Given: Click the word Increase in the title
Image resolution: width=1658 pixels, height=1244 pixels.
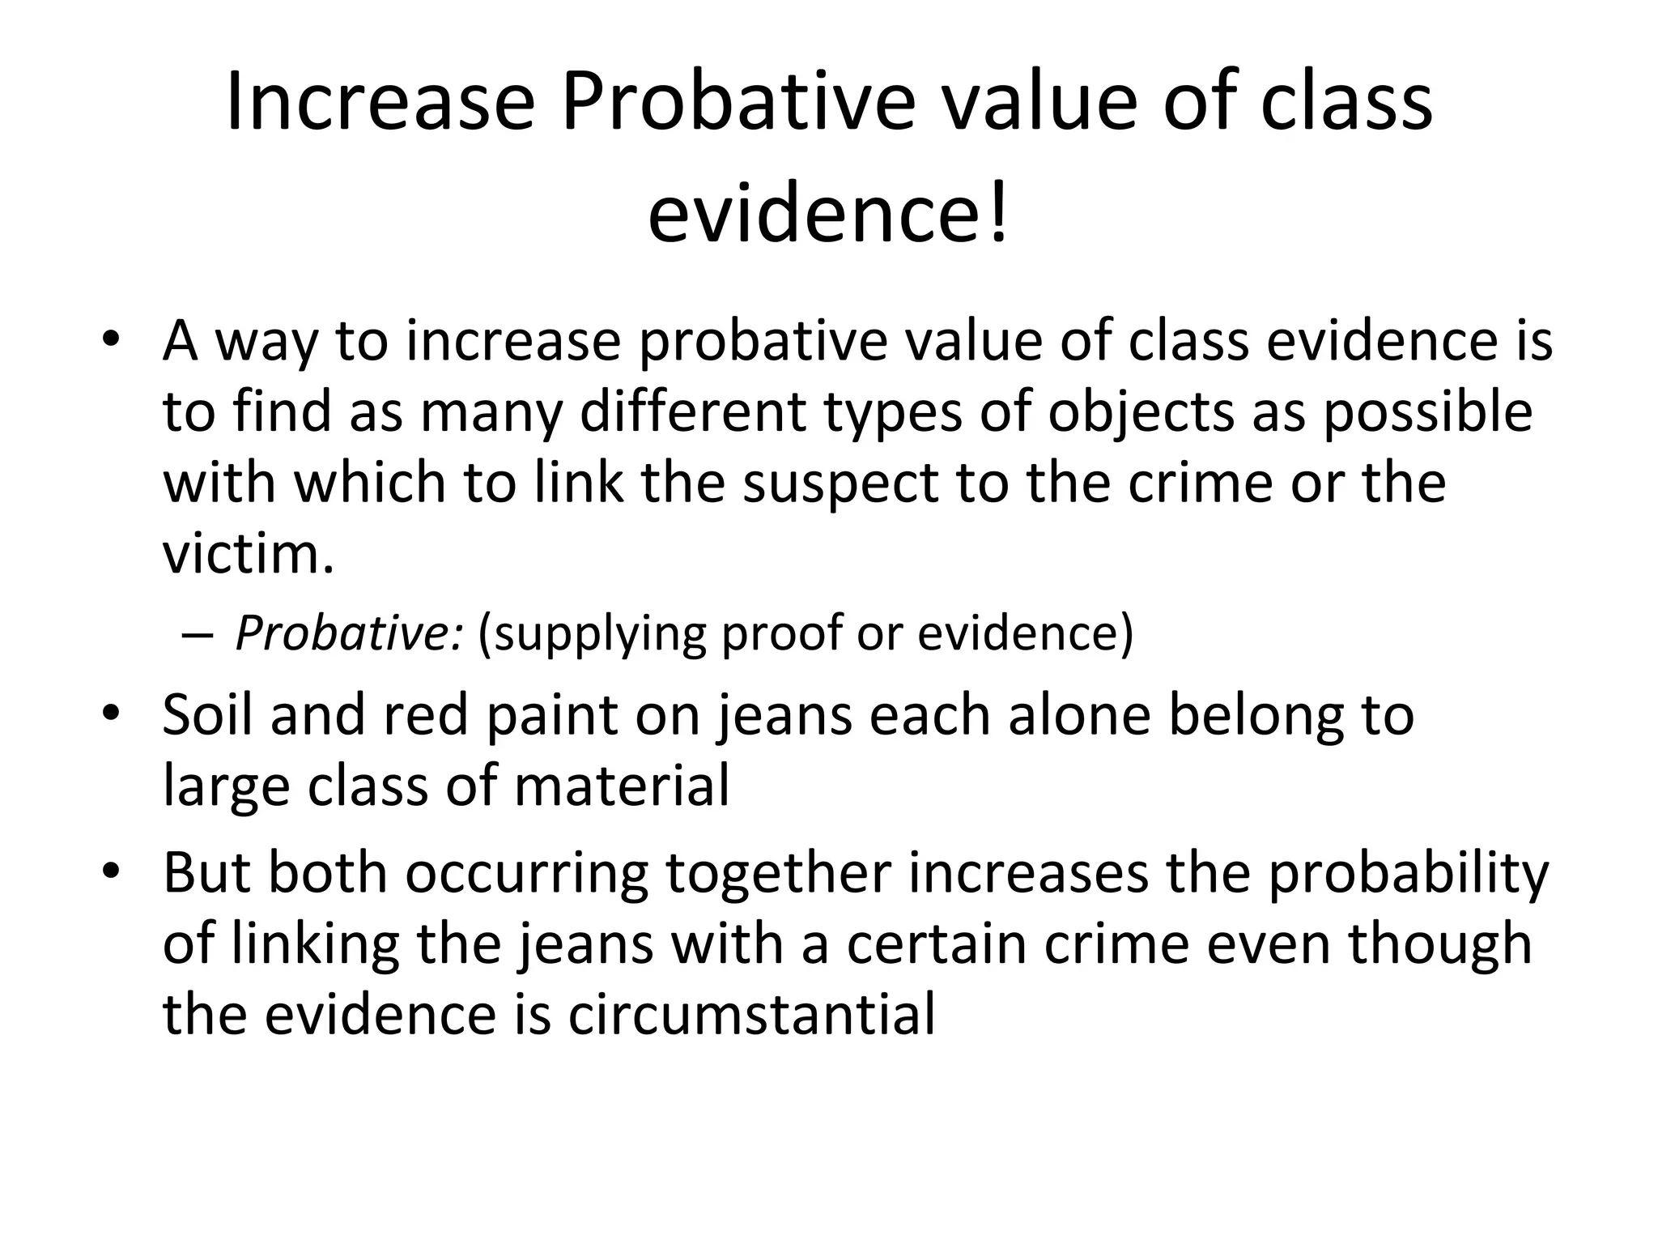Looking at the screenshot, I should click(x=380, y=103).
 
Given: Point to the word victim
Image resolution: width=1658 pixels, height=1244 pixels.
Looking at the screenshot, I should click(x=248, y=554).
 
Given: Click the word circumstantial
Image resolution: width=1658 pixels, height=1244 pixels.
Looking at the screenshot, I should click(x=751, y=1014).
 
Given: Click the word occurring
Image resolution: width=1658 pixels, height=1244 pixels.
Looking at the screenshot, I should click(x=526, y=875).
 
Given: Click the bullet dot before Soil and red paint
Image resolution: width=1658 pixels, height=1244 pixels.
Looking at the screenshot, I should click(x=111, y=713).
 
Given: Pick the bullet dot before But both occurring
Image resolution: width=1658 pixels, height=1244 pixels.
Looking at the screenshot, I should click(x=111, y=871).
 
